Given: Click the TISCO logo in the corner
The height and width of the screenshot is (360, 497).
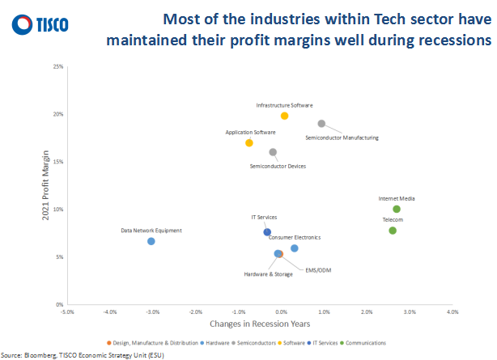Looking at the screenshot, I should (x=40, y=25).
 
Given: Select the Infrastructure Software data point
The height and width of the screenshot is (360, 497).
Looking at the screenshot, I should (x=284, y=116).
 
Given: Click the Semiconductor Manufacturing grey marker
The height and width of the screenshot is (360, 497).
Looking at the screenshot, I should (x=321, y=124).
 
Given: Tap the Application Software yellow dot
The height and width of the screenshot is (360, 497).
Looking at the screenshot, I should (x=249, y=143).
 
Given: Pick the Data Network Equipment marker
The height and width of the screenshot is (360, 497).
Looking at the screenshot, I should (x=151, y=241).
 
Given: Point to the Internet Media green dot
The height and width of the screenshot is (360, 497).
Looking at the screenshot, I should (x=397, y=210).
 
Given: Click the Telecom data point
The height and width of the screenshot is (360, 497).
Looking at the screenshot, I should (x=393, y=231).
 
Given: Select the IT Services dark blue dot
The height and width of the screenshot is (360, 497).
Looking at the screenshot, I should (x=267, y=232).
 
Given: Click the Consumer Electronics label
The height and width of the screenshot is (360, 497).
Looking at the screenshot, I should (x=295, y=237).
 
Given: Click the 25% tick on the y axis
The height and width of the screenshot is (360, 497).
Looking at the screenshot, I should (x=57, y=66).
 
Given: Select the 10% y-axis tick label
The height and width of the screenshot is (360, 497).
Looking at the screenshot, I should (x=57, y=210).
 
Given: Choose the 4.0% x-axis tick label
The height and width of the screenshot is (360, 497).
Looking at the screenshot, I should (x=452, y=311).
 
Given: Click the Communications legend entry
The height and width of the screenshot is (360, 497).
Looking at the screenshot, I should (x=366, y=343).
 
